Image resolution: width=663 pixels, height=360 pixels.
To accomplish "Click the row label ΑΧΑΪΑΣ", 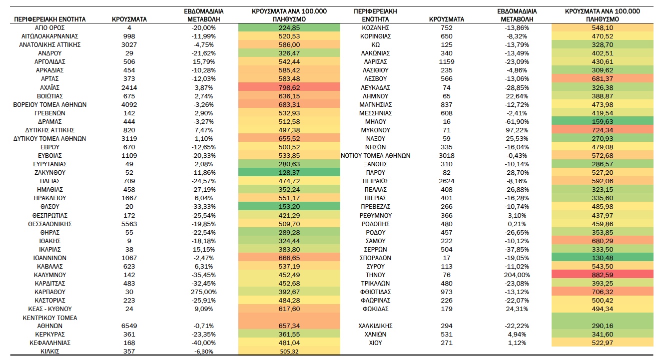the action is tap(50, 87).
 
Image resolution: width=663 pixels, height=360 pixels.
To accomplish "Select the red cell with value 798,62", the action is tap(289, 87).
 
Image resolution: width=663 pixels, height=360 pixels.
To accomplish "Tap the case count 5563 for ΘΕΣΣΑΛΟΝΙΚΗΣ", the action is tap(129, 224).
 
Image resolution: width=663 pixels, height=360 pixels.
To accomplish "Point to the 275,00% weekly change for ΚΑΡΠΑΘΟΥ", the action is tap(204, 292).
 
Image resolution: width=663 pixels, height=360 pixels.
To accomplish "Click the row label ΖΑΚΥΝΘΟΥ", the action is tap(50, 172).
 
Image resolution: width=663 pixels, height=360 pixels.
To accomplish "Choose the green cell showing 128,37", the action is tap(289, 172).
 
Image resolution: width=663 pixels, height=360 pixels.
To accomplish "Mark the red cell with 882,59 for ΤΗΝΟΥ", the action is tap(603, 275).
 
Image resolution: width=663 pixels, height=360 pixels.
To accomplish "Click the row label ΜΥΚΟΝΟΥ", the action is tap(375, 130).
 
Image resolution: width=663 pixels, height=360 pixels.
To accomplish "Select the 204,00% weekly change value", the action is tap(517, 275).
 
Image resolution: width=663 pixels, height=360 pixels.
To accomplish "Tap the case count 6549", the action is tap(129, 326).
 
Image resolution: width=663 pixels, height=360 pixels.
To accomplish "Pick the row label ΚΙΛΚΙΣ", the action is tap(50, 352).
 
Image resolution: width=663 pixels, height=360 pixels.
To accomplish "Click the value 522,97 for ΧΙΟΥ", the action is tap(603, 343).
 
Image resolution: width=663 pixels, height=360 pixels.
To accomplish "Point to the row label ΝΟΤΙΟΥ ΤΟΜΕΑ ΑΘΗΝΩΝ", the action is tap(375, 156).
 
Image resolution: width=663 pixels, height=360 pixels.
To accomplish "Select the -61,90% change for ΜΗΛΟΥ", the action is tap(517, 121).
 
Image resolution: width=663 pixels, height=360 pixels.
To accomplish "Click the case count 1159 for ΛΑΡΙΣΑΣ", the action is tap(446, 62).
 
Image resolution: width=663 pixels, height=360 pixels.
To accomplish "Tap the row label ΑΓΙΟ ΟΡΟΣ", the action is tap(50, 28).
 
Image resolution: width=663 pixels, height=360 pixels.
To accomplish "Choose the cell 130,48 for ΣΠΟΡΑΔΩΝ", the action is tap(603, 258).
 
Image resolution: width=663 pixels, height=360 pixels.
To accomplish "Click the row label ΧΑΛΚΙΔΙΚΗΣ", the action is tap(375, 326).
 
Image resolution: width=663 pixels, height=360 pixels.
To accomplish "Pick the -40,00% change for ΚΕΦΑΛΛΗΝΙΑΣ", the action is tap(204, 343).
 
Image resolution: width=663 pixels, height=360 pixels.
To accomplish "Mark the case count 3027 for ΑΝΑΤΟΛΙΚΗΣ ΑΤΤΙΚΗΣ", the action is tap(129, 44).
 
